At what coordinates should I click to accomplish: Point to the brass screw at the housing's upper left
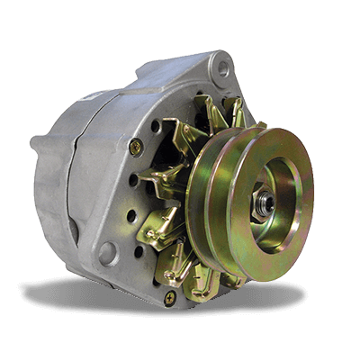(x=136, y=146)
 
